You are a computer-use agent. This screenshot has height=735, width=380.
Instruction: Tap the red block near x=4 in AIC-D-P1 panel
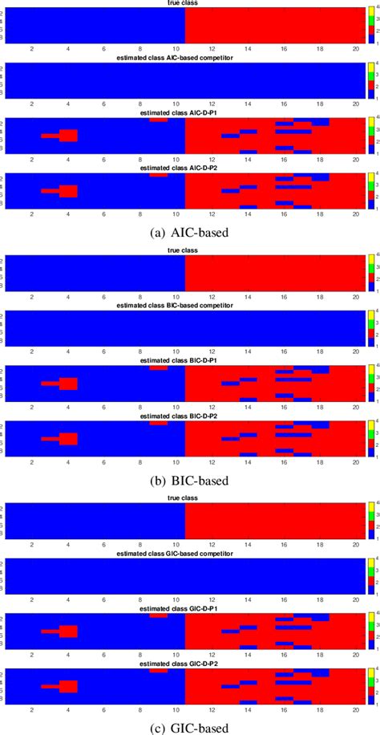click(x=68, y=136)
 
